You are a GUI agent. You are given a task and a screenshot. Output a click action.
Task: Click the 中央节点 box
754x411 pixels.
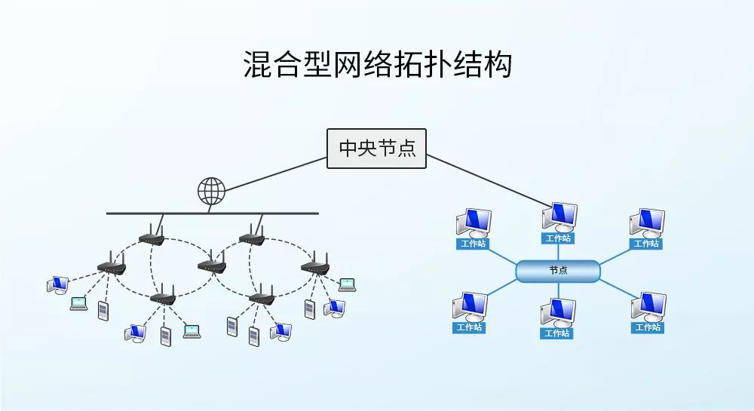(x=376, y=148)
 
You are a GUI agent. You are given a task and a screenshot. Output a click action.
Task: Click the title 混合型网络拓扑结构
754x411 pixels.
(x=377, y=65)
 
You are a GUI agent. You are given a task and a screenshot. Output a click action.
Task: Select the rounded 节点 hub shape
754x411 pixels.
(x=558, y=271)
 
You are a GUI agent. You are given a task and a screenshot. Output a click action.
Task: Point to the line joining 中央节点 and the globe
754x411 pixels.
(x=275, y=173)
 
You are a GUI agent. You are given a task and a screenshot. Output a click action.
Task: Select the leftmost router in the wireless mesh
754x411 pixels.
(x=112, y=265)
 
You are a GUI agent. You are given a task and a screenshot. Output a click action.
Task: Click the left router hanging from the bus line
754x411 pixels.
(x=152, y=238)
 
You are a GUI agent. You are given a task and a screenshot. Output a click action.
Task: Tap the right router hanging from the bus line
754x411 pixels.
(x=252, y=238)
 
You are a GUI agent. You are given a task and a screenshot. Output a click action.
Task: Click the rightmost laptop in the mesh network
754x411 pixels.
(x=347, y=284)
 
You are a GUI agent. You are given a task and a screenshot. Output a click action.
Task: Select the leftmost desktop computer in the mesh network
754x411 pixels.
(x=57, y=284)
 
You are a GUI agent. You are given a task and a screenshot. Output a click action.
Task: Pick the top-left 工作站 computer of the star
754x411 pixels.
(x=473, y=224)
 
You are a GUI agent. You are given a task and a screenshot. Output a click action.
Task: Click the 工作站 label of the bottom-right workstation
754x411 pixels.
(x=647, y=328)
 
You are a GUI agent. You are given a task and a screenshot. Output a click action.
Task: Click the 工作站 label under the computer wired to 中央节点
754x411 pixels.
(x=559, y=238)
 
